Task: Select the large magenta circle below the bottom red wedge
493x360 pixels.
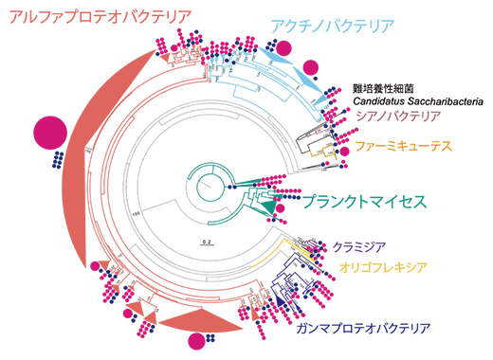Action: tap(199, 341)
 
